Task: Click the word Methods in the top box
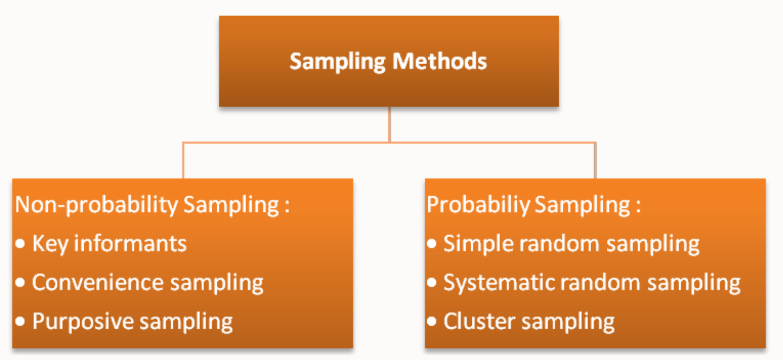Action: coord(439,62)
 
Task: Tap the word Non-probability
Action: coord(96,205)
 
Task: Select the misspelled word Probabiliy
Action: coord(478,205)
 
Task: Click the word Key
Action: coord(49,244)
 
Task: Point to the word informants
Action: coord(130,244)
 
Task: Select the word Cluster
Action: coord(479,322)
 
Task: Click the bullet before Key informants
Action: coord(20,244)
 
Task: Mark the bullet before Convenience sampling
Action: coord(20,283)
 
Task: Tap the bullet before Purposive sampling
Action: coord(20,321)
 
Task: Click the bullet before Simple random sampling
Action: coord(431,244)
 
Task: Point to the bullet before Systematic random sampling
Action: coord(431,283)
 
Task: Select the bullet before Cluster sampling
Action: coord(431,321)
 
